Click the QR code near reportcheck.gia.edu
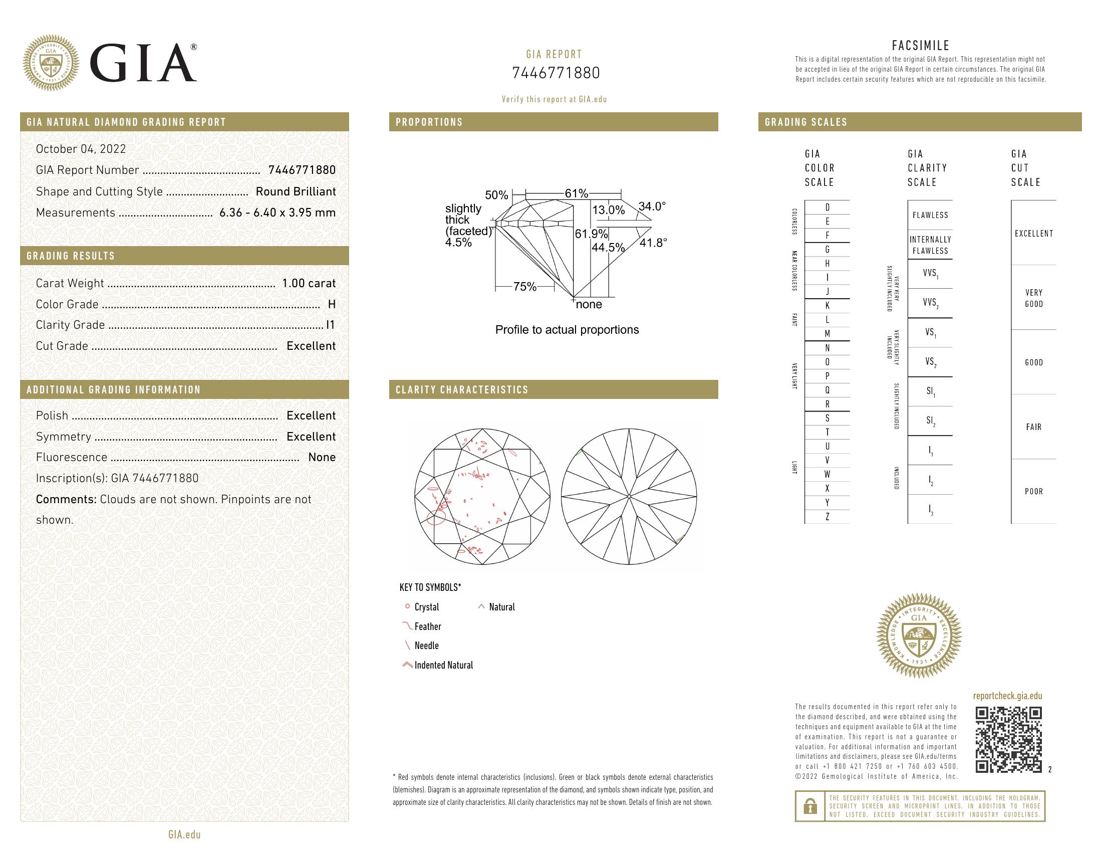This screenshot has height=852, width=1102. pos(1008,739)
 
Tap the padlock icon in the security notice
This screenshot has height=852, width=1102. pos(810,806)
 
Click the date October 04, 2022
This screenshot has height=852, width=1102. pos(81,149)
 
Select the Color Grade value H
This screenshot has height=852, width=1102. pos(332,304)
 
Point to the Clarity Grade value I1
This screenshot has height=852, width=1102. pos(331,325)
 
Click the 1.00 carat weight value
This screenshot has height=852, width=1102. pos(308,283)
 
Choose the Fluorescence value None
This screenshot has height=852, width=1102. pos(322,457)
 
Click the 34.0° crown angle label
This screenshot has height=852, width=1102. pos(652,206)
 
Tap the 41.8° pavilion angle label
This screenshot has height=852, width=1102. pos(653,243)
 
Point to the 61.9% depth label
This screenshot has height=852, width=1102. pos(591,234)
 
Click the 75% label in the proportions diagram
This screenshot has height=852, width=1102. pos(525,287)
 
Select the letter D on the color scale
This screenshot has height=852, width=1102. pos(827,207)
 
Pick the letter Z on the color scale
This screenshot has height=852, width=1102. pos(827,517)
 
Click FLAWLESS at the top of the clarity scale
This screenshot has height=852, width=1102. pos(930,215)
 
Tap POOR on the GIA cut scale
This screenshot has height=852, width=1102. pos(1033,491)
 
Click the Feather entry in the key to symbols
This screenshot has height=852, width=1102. pos(427,626)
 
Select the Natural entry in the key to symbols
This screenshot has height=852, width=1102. pos(501,607)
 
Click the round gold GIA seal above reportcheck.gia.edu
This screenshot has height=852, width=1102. pos(919,635)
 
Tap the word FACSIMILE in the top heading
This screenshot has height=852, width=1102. pos(920,46)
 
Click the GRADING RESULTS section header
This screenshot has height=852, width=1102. pos(71,256)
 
